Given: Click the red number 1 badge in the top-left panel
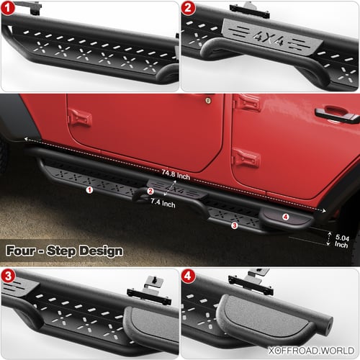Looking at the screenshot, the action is (x=8, y=8).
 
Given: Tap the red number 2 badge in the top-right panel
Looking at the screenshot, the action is (x=188, y=8).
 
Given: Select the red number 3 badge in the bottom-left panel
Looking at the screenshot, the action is (x=8, y=276).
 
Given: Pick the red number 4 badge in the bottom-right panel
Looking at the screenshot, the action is (x=188, y=276).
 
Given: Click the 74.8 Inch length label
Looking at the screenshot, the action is (x=176, y=175).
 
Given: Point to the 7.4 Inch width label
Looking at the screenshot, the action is (x=163, y=203).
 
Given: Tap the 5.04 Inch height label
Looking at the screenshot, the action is (x=342, y=241).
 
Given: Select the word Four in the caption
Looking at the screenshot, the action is (x=21, y=251).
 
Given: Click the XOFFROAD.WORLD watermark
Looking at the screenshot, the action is (x=311, y=351).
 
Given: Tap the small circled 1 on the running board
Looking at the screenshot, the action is (x=89, y=190).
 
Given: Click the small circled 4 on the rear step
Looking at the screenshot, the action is (x=285, y=217).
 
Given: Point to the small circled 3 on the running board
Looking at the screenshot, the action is (x=235, y=225).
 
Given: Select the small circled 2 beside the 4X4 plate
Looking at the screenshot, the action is (x=150, y=191).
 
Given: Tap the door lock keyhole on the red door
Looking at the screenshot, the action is (x=208, y=101).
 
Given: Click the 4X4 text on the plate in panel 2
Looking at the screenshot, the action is (x=269, y=38).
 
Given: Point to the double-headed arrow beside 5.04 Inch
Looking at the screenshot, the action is (x=328, y=239).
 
